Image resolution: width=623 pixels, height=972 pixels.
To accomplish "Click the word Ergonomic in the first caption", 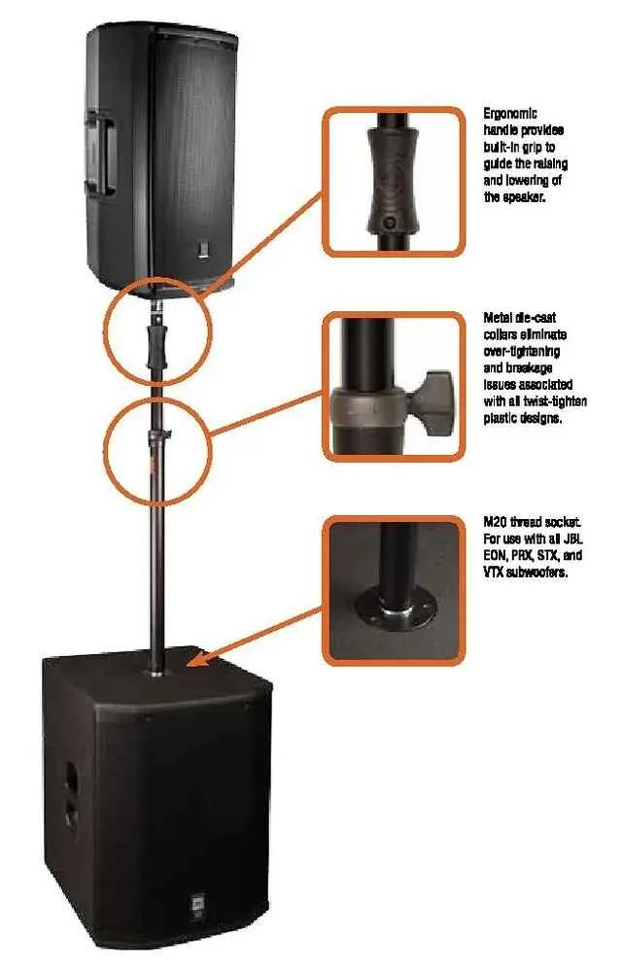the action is [x=510, y=114].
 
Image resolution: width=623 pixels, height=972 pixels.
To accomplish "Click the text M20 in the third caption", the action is [x=495, y=522].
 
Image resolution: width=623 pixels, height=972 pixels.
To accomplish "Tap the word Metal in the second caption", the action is [x=498, y=318].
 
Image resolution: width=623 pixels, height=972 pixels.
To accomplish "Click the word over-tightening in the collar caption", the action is [x=521, y=352].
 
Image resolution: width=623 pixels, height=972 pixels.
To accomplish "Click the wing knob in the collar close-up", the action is [x=433, y=397].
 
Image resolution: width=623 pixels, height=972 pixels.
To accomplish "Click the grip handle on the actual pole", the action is [x=156, y=348].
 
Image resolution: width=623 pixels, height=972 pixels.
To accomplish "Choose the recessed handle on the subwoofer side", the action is [x=71, y=792].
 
